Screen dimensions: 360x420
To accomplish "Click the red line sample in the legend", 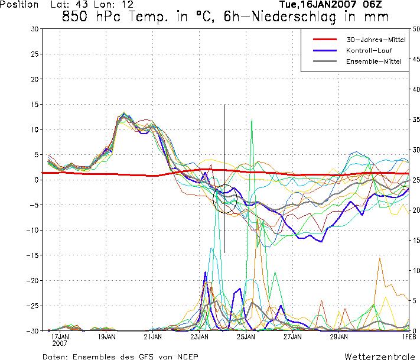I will tap(324, 40).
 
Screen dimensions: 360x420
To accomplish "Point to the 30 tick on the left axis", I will tap(34, 29).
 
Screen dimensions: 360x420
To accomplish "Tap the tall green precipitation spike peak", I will tap(252, 120).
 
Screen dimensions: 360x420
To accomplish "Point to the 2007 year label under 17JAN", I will tap(60, 343).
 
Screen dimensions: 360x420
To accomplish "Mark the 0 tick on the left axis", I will tap(36, 180).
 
